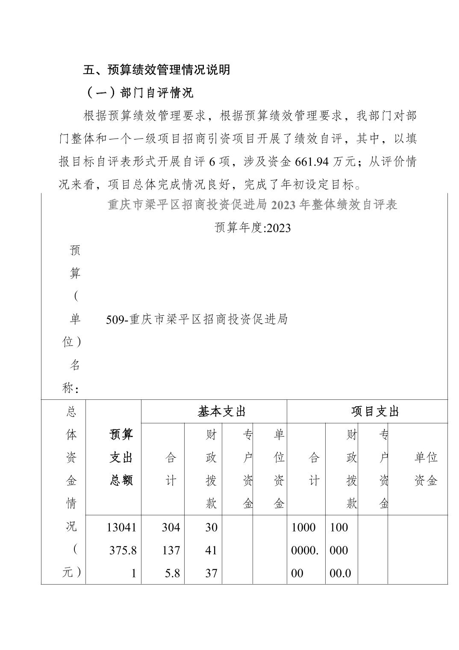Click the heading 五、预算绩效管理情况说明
pos(156,70)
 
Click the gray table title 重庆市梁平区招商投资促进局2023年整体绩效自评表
pos(253,205)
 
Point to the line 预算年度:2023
pos(253,227)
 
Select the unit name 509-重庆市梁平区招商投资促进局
pos(197,319)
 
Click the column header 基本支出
pos(221,411)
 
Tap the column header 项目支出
pos(375,411)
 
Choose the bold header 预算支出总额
pos(121,458)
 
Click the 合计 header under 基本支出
pos(171,469)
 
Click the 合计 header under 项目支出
pos(314,469)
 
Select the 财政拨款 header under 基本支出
pos(211,469)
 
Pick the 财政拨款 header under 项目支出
pos(351,469)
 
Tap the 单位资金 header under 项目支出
pos(426,469)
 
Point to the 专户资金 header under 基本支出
pos(247,469)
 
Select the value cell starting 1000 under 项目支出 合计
pos(305,550)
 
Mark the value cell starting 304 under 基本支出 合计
pos(171,550)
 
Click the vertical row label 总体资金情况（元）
pos(71,492)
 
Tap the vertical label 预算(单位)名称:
pos(74,319)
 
